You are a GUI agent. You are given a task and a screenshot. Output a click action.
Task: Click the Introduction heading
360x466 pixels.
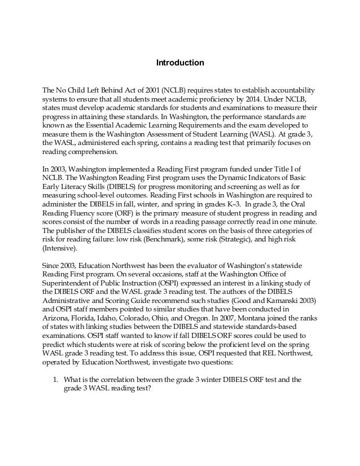click(x=179, y=63)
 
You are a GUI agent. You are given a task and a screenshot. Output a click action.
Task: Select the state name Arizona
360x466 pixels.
click(x=58, y=318)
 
